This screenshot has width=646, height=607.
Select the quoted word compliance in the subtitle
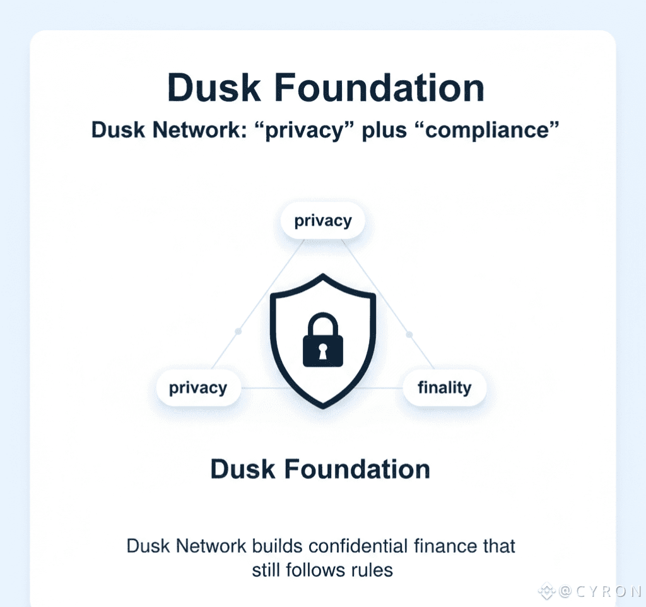pos(488,130)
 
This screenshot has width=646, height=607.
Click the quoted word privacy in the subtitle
pos(303,130)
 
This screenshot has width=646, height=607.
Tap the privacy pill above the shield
pos(323,221)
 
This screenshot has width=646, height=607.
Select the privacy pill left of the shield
pos(198,387)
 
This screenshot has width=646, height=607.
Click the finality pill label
pos(445,387)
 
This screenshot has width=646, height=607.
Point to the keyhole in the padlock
pos(322,351)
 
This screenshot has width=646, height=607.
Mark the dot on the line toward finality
pos(409,334)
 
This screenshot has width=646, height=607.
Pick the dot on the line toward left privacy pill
pos(238,331)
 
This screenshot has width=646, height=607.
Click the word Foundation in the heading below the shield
pos(357,469)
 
